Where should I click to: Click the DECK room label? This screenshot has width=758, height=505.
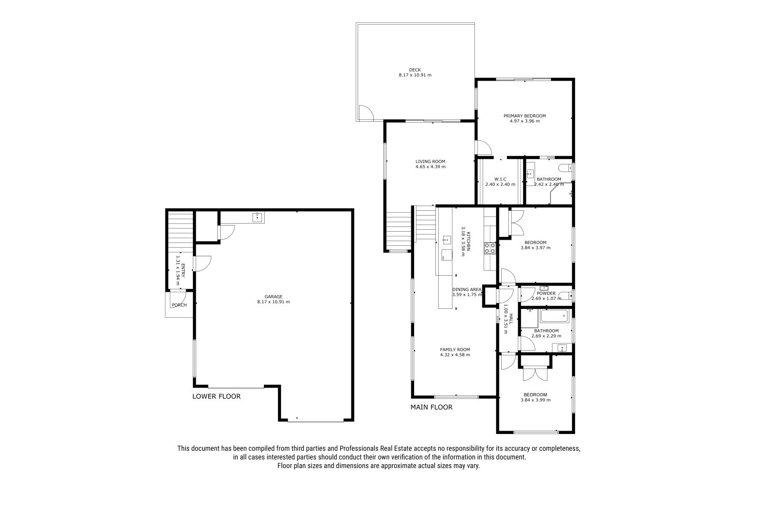(x=415, y=70)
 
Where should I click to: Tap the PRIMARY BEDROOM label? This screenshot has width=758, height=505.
(x=524, y=116)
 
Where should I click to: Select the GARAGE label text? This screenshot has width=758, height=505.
(x=273, y=297)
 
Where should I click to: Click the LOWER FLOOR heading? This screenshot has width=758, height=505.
(x=217, y=397)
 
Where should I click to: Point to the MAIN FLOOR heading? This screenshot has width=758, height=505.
(x=432, y=407)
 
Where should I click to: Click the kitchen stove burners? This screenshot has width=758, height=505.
(x=490, y=248)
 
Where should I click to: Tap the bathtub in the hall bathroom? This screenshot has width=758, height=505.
(x=555, y=316)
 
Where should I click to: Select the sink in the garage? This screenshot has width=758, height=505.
(x=258, y=217)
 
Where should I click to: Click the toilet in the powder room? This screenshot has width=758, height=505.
(x=565, y=296)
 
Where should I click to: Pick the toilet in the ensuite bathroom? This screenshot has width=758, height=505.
(x=566, y=167)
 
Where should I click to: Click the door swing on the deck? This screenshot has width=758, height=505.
(x=366, y=113)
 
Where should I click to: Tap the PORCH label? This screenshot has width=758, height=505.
(x=180, y=305)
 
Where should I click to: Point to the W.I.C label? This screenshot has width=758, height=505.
(x=500, y=179)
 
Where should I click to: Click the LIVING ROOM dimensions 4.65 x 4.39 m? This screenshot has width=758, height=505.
(x=431, y=167)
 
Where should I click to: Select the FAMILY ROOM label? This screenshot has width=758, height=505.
(x=455, y=350)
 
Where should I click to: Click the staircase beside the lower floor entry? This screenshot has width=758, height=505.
(x=180, y=232)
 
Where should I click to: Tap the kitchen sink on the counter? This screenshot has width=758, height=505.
(x=447, y=240)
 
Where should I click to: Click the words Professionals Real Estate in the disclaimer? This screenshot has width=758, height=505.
(x=376, y=449)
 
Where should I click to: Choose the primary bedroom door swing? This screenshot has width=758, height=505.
(x=484, y=148)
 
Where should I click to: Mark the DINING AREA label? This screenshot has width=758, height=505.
(x=467, y=289)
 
